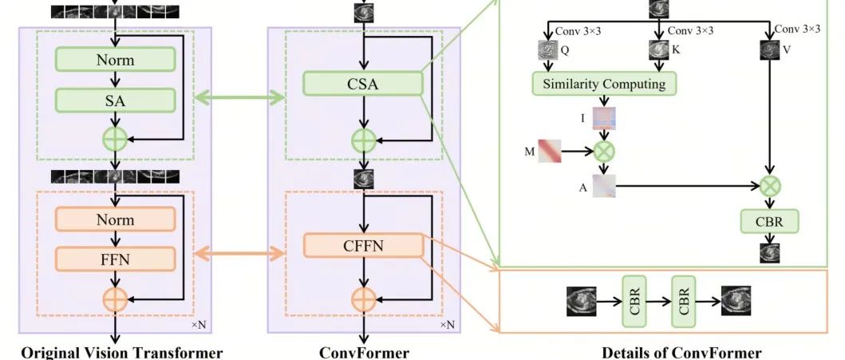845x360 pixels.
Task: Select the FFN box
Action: [x=115, y=258]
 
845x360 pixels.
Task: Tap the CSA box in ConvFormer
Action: [x=363, y=82]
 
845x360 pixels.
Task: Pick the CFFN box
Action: [x=363, y=246]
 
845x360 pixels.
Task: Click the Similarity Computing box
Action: [x=604, y=84]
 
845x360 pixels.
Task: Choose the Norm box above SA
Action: [x=115, y=59]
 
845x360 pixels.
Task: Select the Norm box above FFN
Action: [x=115, y=218]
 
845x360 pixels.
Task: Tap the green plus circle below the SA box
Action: [x=116, y=139]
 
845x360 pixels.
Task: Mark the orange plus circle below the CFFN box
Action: [x=363, y=299]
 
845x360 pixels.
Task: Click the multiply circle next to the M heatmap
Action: [x=604, y=151]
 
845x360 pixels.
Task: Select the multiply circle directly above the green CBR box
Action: [x=769, y=186]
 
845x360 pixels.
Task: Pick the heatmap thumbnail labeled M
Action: [x=548, y=151]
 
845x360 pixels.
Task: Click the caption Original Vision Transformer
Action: [x=121, y=352]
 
